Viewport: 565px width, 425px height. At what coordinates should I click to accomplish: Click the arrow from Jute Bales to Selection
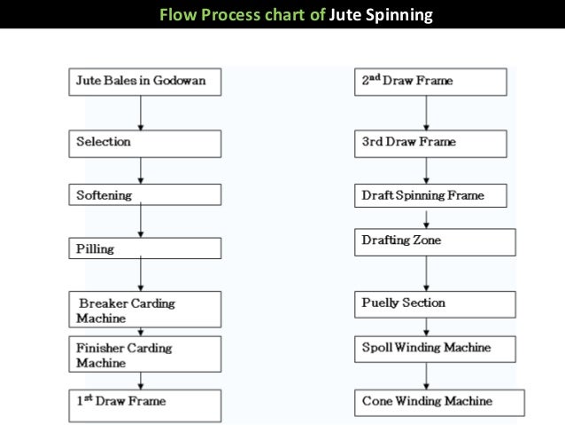point(140,113)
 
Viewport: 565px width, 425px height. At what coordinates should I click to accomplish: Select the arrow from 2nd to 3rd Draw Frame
point(427,113)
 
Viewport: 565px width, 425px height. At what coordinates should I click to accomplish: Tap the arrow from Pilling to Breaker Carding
point(140,276)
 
